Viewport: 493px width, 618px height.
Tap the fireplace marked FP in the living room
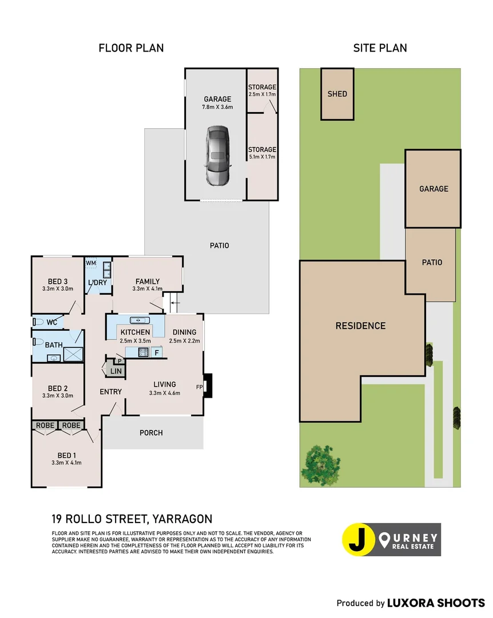click(208, 386)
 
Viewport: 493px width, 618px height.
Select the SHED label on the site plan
click(337, 94)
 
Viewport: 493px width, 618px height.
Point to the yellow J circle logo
click(358, 539)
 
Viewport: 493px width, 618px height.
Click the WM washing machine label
click(90, 263)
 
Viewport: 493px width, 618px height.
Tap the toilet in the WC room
click(38, 322)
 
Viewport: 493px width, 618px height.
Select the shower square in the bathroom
click(73, 354)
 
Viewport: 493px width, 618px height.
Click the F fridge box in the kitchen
click(157, 352)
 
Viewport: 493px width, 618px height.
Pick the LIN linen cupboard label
click(116, 371)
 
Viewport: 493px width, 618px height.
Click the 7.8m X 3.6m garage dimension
click(217, 107)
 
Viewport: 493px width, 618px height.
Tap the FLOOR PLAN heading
click(131, 48)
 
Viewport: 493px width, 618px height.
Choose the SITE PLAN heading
click(380, 48)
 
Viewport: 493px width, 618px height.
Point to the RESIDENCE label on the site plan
click(360, 326)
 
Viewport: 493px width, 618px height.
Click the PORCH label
click(151, 433)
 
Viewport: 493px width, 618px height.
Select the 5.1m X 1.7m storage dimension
click(262, 156)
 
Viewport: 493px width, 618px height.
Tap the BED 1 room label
click(66, 455)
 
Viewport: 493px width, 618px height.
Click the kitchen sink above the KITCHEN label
click(140, 320)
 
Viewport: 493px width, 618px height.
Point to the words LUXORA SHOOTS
click(436, 603)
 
